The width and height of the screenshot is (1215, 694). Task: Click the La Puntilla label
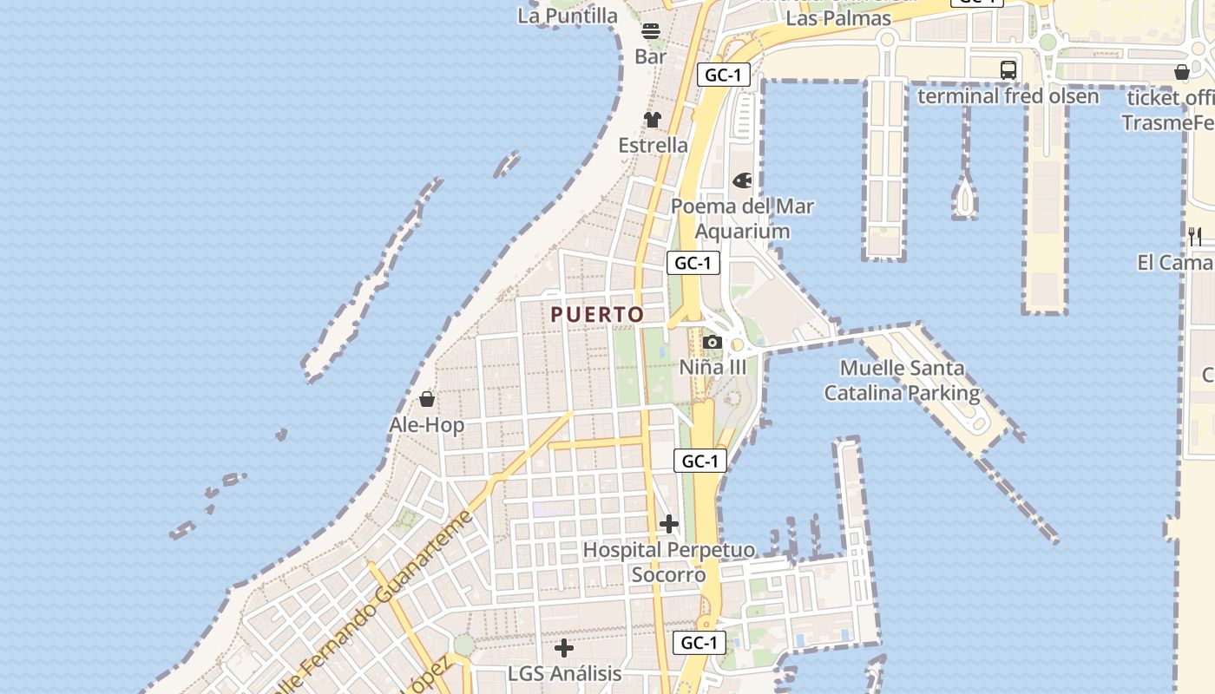[568, 16]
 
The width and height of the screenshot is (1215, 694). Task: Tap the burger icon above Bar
[651, 31]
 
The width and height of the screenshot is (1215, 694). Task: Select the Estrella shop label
[653, 145]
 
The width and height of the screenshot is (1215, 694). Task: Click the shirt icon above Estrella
[653, 120]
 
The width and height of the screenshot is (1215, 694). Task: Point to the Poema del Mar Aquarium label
[743, 219]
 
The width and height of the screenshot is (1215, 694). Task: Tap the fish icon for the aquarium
[743, 180]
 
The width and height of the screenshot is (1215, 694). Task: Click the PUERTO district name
[597, 315]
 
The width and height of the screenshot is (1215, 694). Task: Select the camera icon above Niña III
[713, 342]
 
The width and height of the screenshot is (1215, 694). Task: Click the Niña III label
[713, 367]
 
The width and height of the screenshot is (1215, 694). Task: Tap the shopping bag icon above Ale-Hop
[427, 399]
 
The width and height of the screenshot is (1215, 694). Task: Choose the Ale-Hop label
[426, 425]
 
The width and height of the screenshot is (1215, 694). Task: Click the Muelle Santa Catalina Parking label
[902, 381]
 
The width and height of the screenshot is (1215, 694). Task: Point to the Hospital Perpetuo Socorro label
[668, 562]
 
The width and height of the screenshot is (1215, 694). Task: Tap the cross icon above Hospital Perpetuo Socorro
[669, 524]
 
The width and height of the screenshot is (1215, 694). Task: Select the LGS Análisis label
[564, 673]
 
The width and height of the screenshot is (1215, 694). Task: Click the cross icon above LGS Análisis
[564, 648]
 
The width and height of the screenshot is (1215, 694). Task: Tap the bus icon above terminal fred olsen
[1008, 70]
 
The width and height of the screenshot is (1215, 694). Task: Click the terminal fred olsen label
[1008, 95]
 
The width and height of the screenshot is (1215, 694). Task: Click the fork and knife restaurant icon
[1195, 236]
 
